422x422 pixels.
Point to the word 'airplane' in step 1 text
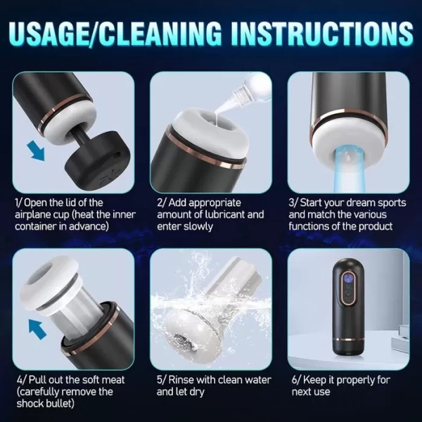(x=34, y=215)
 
